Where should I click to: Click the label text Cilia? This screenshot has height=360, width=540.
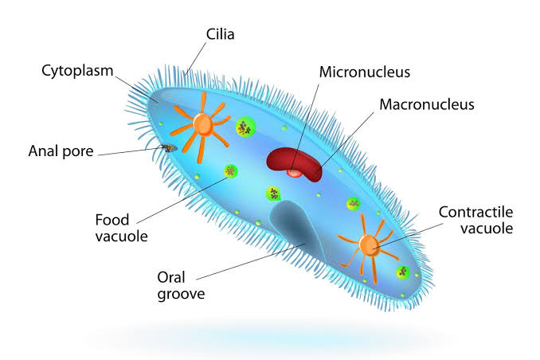click(x=220, y=34)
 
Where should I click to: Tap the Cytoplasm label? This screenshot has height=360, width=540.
click(x=77, y=71)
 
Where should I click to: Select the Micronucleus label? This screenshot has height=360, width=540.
click(x=364, y=72)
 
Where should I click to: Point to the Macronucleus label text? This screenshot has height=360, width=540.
click(x=427, y=104)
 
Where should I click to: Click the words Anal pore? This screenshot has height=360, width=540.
click(x=61, y=151)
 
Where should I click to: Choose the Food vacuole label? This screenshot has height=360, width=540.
click(x=121, y=228)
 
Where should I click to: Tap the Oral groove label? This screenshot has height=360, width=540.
click(x=181, y=286)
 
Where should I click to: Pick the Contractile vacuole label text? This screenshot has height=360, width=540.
click(x=475, y=220)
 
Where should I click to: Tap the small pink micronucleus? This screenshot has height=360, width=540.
click(x=295, y=173)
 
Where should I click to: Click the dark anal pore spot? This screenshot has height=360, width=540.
click(x=169, y=148)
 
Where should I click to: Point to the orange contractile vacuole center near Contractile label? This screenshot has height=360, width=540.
click(x=369, y=245)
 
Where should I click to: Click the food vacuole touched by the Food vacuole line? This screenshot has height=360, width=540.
click(x=230, y=171)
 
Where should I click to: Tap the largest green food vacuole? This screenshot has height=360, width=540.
click(x=245, y=127)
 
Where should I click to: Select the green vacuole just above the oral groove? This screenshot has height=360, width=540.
click(x=273, y=194)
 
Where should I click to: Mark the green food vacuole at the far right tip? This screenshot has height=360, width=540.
click(x=402, y=272)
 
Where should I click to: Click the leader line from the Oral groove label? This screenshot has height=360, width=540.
click(x=251, y=261)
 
